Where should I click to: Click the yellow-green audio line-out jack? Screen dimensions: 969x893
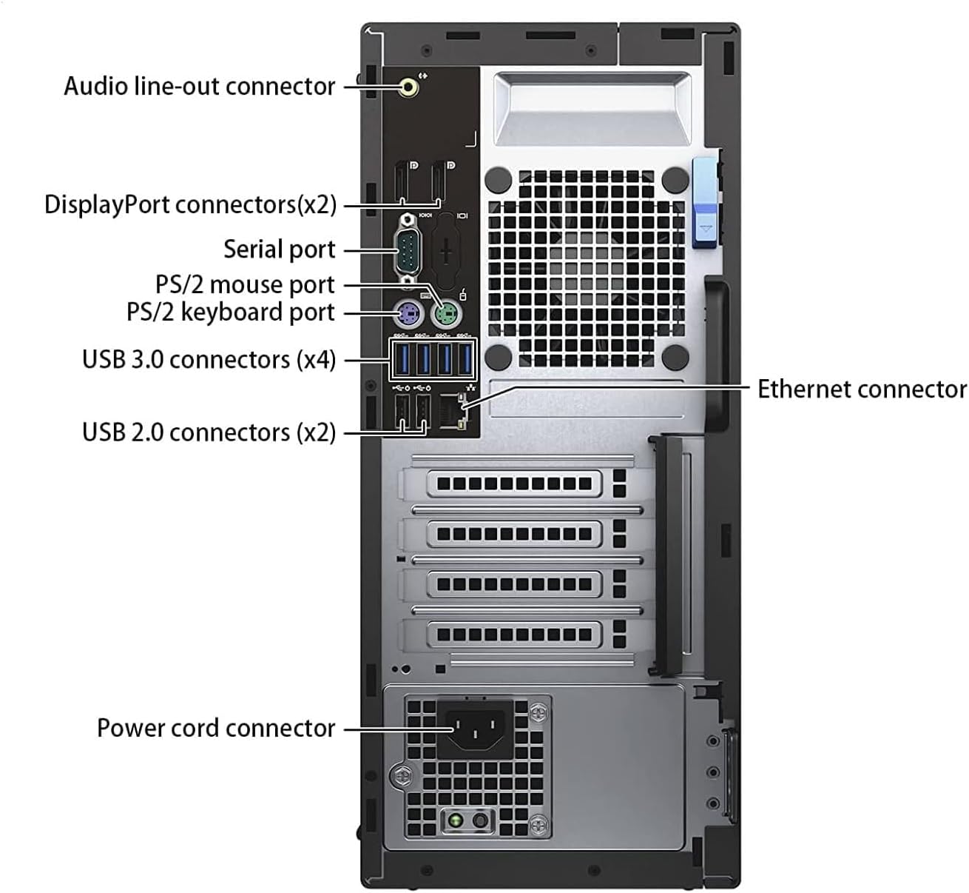point(408,87)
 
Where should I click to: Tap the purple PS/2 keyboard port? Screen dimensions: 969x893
point(408,315)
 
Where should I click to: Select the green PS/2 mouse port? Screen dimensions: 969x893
point(446,315)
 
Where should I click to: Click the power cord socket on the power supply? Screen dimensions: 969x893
point(476,730)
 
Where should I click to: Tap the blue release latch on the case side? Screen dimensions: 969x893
point(705,202)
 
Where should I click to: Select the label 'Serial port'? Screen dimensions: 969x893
point(279,250)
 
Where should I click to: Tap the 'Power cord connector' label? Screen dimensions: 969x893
point(216,728)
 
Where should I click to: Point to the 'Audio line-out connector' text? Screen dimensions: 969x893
point(200,87)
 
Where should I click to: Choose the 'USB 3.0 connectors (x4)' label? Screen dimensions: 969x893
point(209,360)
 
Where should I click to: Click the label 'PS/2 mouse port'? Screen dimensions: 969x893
point(245,284)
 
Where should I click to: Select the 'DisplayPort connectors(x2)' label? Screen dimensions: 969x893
point(190,204)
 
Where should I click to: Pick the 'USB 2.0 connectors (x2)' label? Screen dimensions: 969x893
point(209,432)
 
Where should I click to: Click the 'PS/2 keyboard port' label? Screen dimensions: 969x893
point(231,312)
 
